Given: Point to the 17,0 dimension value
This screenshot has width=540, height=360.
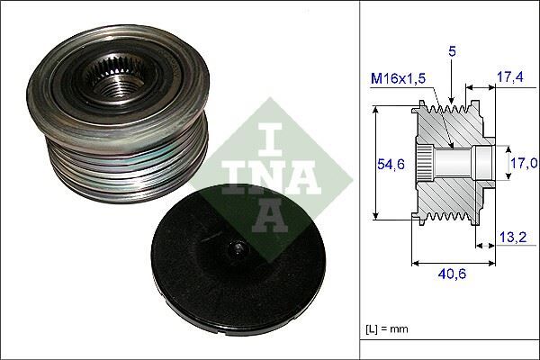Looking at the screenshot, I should tap(523, 163).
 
